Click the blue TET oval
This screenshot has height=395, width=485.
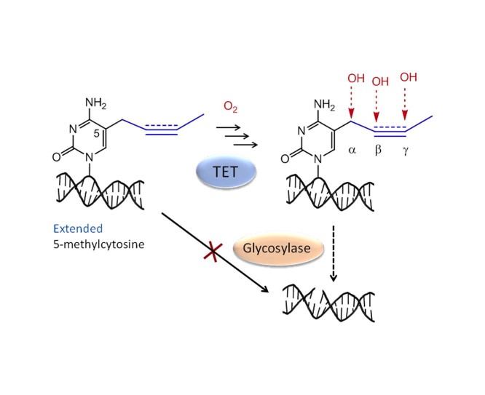(x=226, y=174)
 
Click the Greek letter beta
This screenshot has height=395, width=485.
(x=379, y=154)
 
